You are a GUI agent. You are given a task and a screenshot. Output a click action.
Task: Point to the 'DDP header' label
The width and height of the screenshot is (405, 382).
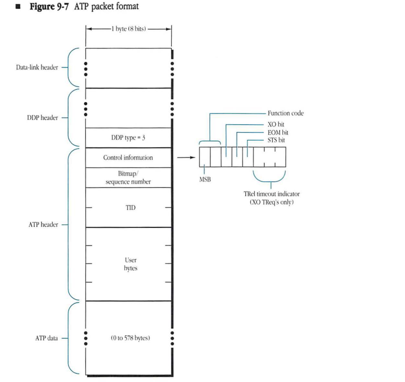click(x=42, y=117)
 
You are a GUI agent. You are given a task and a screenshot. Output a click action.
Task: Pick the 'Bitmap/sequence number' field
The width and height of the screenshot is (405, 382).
click(x=128, y=178)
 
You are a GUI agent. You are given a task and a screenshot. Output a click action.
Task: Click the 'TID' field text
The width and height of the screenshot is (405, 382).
click(x=130, y=208)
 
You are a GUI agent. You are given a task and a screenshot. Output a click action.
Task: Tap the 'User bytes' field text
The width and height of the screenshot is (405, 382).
click(x=130, y=264)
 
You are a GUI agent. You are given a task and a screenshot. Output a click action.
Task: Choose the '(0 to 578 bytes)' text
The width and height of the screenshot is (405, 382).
click(x=130, y=338)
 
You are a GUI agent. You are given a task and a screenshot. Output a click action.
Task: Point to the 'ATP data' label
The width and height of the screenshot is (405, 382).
click(x=46, y=338)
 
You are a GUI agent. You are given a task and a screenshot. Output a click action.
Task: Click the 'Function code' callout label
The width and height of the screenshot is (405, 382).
click(x=285, y=113)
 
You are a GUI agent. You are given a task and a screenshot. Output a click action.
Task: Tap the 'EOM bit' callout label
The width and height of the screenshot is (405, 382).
click(x=278, y=133)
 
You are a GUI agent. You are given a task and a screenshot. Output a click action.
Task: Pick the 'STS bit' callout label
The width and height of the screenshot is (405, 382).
click(x=277, y=140)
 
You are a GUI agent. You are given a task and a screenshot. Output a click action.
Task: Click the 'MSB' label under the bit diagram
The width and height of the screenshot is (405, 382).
click(x=205, y=179)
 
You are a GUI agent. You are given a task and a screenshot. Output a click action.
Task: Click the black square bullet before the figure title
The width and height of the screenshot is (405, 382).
click(x=18, y=7)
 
